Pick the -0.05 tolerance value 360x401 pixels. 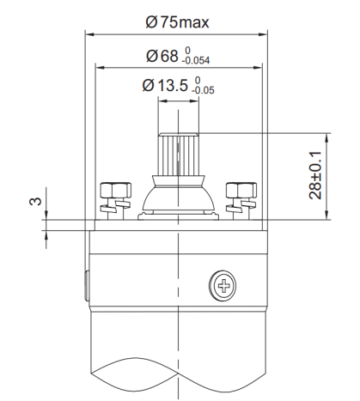(x=204, y=90)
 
